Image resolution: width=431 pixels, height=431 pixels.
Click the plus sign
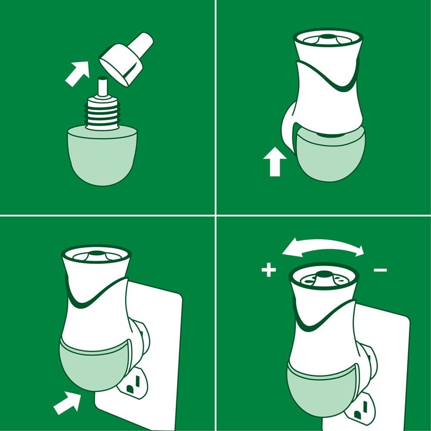(x=268, y=271)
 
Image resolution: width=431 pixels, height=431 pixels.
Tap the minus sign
(x=380, y=270)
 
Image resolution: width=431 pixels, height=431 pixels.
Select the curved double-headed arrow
(x=323, y=247)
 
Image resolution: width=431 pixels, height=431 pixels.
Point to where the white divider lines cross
(x=215, y=214)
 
